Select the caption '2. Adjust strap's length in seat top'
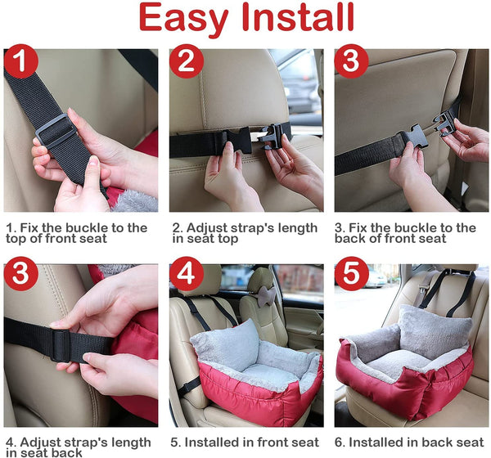(244, 233)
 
